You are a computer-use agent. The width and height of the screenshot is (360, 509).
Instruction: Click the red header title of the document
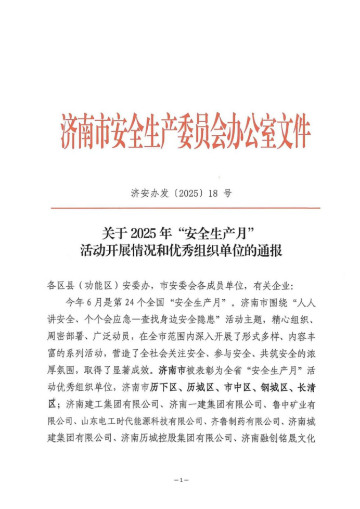pyautogui.click(x=185, y=129)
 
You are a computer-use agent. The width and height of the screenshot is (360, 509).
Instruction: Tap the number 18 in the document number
pyautogui.click(x=212, y=194)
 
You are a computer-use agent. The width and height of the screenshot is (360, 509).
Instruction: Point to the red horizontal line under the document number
pyautogui.click(x=185, y=208)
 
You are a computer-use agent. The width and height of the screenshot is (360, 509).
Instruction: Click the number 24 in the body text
pyautogui.click(x=129, y=302)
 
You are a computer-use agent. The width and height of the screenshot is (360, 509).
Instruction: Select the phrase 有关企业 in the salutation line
pyautogui.click(x=273, y=286)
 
